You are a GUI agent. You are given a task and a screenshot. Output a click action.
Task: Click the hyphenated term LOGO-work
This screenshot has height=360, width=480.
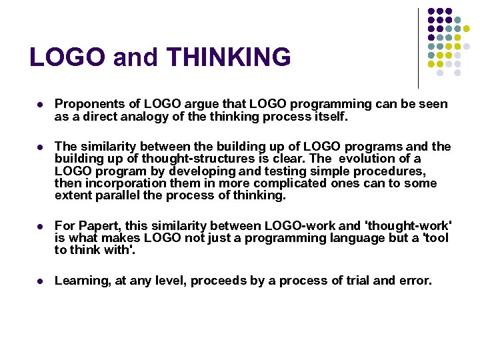[x=313, y=225]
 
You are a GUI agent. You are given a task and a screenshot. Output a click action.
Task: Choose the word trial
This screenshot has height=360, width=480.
[x=357, y=281]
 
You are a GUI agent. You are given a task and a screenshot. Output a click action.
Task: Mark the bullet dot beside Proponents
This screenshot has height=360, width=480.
[x=40, y=105]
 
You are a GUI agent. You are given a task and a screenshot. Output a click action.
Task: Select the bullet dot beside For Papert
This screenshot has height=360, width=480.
[x=40, y=226]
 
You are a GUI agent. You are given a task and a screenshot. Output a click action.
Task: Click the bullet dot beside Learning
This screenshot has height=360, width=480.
[x=40, y=281]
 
